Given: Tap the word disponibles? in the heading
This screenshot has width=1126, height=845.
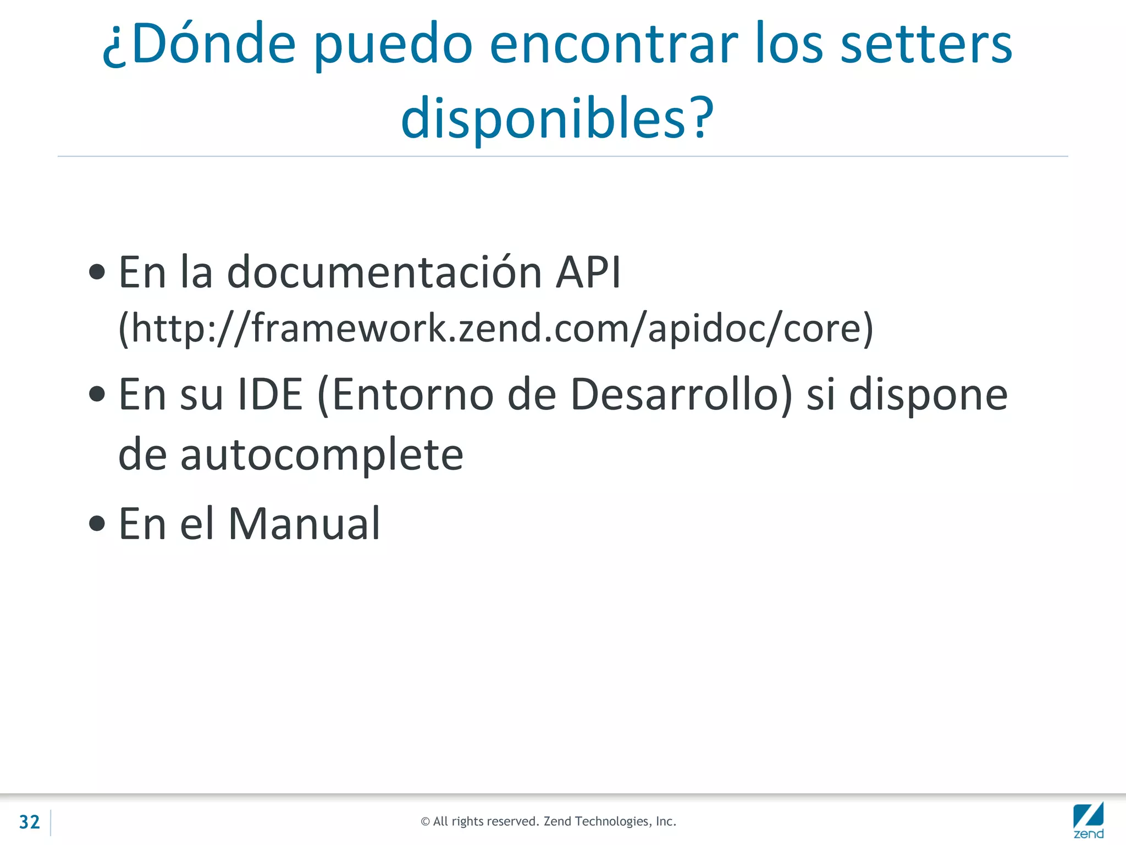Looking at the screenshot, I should coord(558,118).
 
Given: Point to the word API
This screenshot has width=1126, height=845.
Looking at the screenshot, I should coord(588,272).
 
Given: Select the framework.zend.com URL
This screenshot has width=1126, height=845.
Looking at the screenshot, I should coord(496,328).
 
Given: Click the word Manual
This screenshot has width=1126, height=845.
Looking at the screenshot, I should coord(304,523).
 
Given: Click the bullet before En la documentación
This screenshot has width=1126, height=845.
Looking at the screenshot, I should coord(97,272).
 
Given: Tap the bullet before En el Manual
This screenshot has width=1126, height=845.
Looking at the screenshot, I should coord(97,523).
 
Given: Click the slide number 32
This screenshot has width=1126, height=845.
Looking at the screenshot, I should coord(30,822).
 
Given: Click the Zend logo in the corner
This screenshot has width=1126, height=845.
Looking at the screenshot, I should coord(1088,820).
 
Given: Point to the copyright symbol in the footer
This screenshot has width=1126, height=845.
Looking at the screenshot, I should coord(425,822).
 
